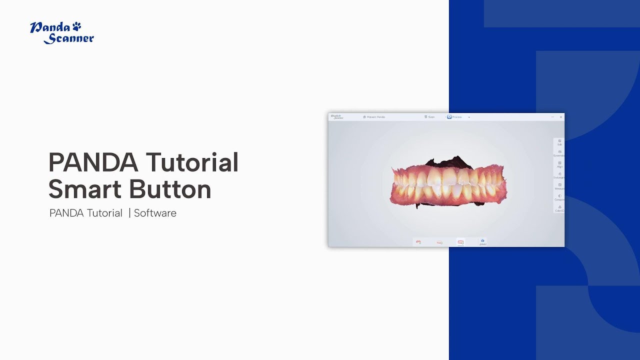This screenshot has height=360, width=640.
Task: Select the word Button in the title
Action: [170, 189]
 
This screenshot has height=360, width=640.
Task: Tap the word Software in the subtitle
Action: [155, 213]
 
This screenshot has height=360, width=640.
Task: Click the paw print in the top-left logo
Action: [76, 25]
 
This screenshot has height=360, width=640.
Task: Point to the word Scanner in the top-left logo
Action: [69, 38]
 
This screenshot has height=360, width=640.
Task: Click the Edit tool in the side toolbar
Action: [559, 142]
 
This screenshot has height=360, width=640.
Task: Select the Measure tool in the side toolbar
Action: [559, 186]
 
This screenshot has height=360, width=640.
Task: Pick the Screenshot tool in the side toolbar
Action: [559, 153]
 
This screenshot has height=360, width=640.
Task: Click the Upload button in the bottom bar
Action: [482, 242]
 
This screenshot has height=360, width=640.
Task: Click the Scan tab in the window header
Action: [429, 117]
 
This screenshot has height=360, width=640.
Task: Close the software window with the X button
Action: [561, 117]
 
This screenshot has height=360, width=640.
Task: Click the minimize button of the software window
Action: [552, 117]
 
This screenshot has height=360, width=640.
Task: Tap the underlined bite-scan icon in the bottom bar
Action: [460, 242]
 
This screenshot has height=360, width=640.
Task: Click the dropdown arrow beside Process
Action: [469, 117]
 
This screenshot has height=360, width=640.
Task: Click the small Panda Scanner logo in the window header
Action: [337, 117]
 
